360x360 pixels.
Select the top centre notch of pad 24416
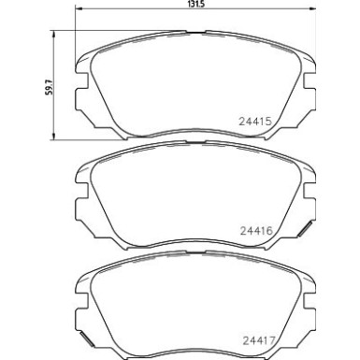[193, 146]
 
